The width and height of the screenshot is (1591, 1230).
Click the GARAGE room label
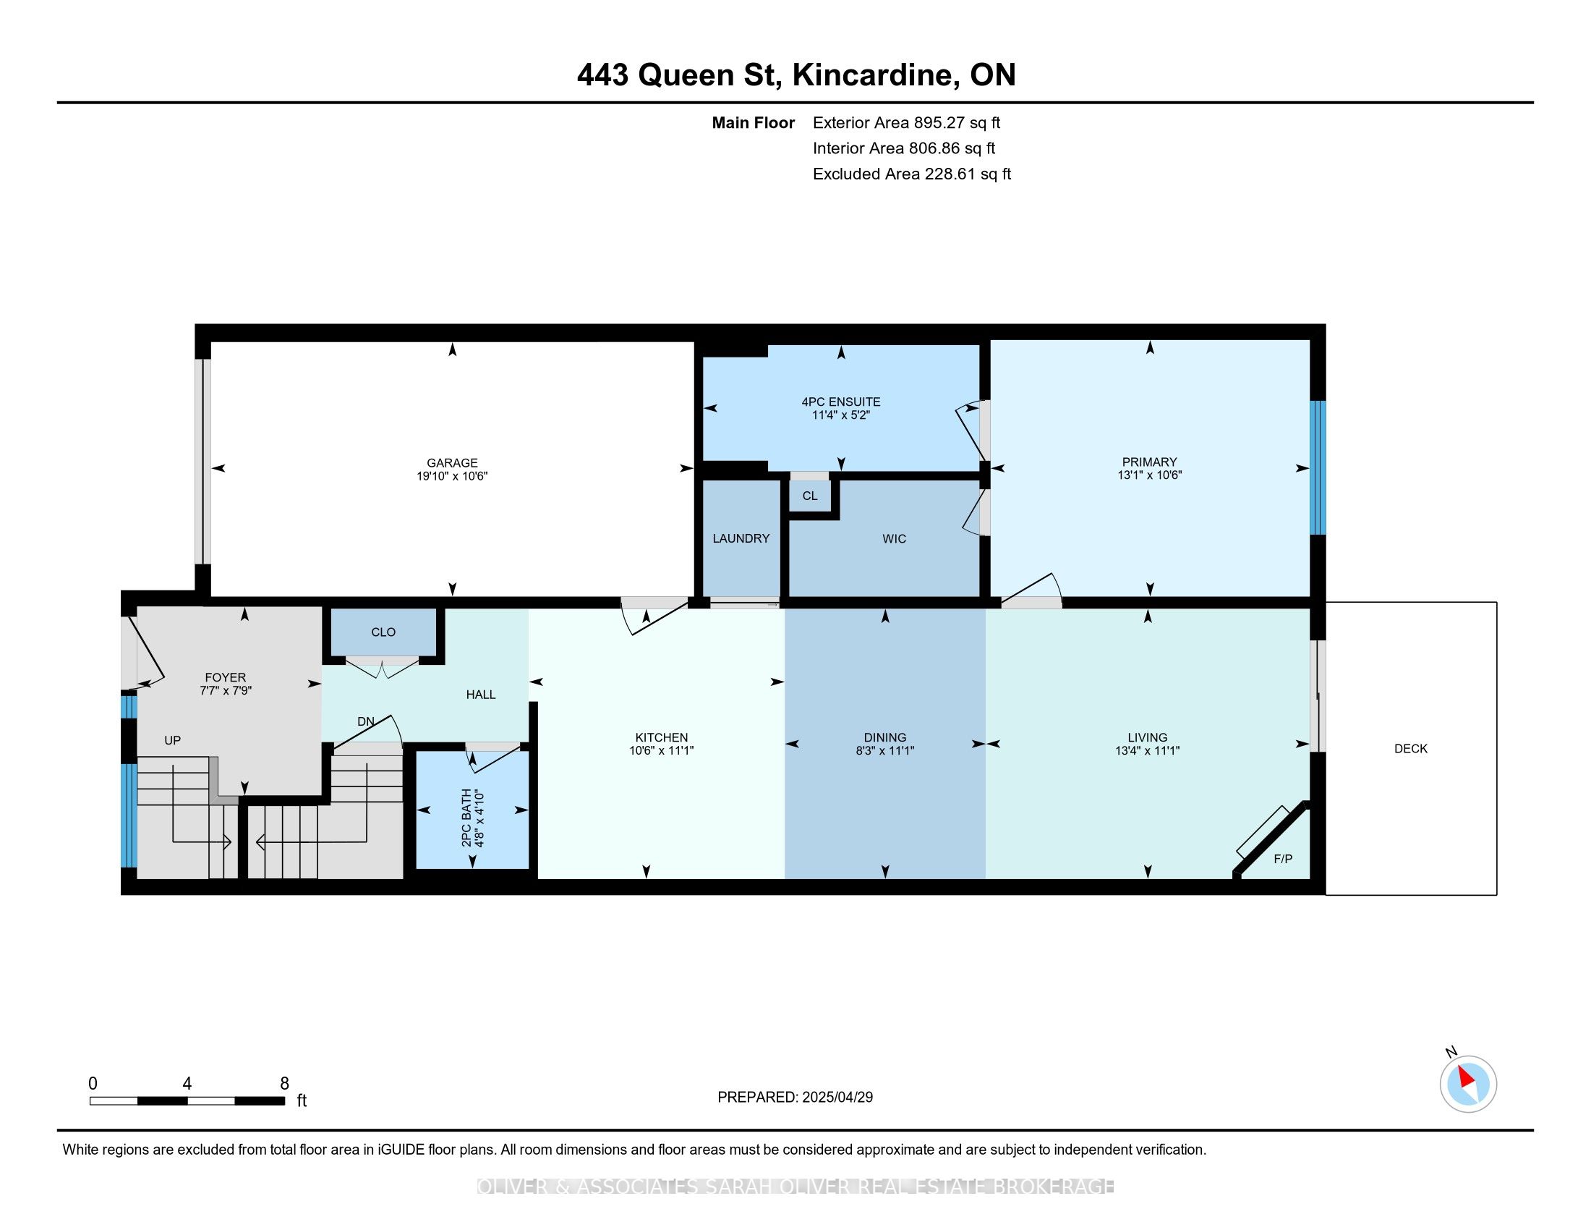click(x=452, y=463)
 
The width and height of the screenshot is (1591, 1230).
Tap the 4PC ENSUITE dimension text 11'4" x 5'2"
click(x=840, y=415)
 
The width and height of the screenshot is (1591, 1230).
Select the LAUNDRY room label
click(x=741, y=538)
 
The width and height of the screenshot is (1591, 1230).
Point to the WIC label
click(x=894, y=538)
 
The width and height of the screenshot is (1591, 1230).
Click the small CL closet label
click(x=809, y=496)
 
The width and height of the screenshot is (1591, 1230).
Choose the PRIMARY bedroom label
click(x=1149, y=462)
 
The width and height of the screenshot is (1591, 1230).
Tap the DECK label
click(x=1410, y=748)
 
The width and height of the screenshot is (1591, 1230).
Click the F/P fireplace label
click(x=1283, y=859)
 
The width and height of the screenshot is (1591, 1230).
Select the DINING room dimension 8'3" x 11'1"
click(x=884, y=750)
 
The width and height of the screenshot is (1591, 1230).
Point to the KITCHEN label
click(x=662, y=737)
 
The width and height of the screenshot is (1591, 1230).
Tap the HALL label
click(x=481, y=695)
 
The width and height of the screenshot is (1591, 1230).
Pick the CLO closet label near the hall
click(x=383, y=632)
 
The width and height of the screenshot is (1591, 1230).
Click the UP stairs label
click(x=172, y=740)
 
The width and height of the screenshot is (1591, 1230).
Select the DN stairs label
click(x=366, y=721)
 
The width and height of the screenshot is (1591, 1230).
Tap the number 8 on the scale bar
click(x=284, y=1083)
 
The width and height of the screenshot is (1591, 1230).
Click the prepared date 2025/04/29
click(x=836, y=1097)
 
